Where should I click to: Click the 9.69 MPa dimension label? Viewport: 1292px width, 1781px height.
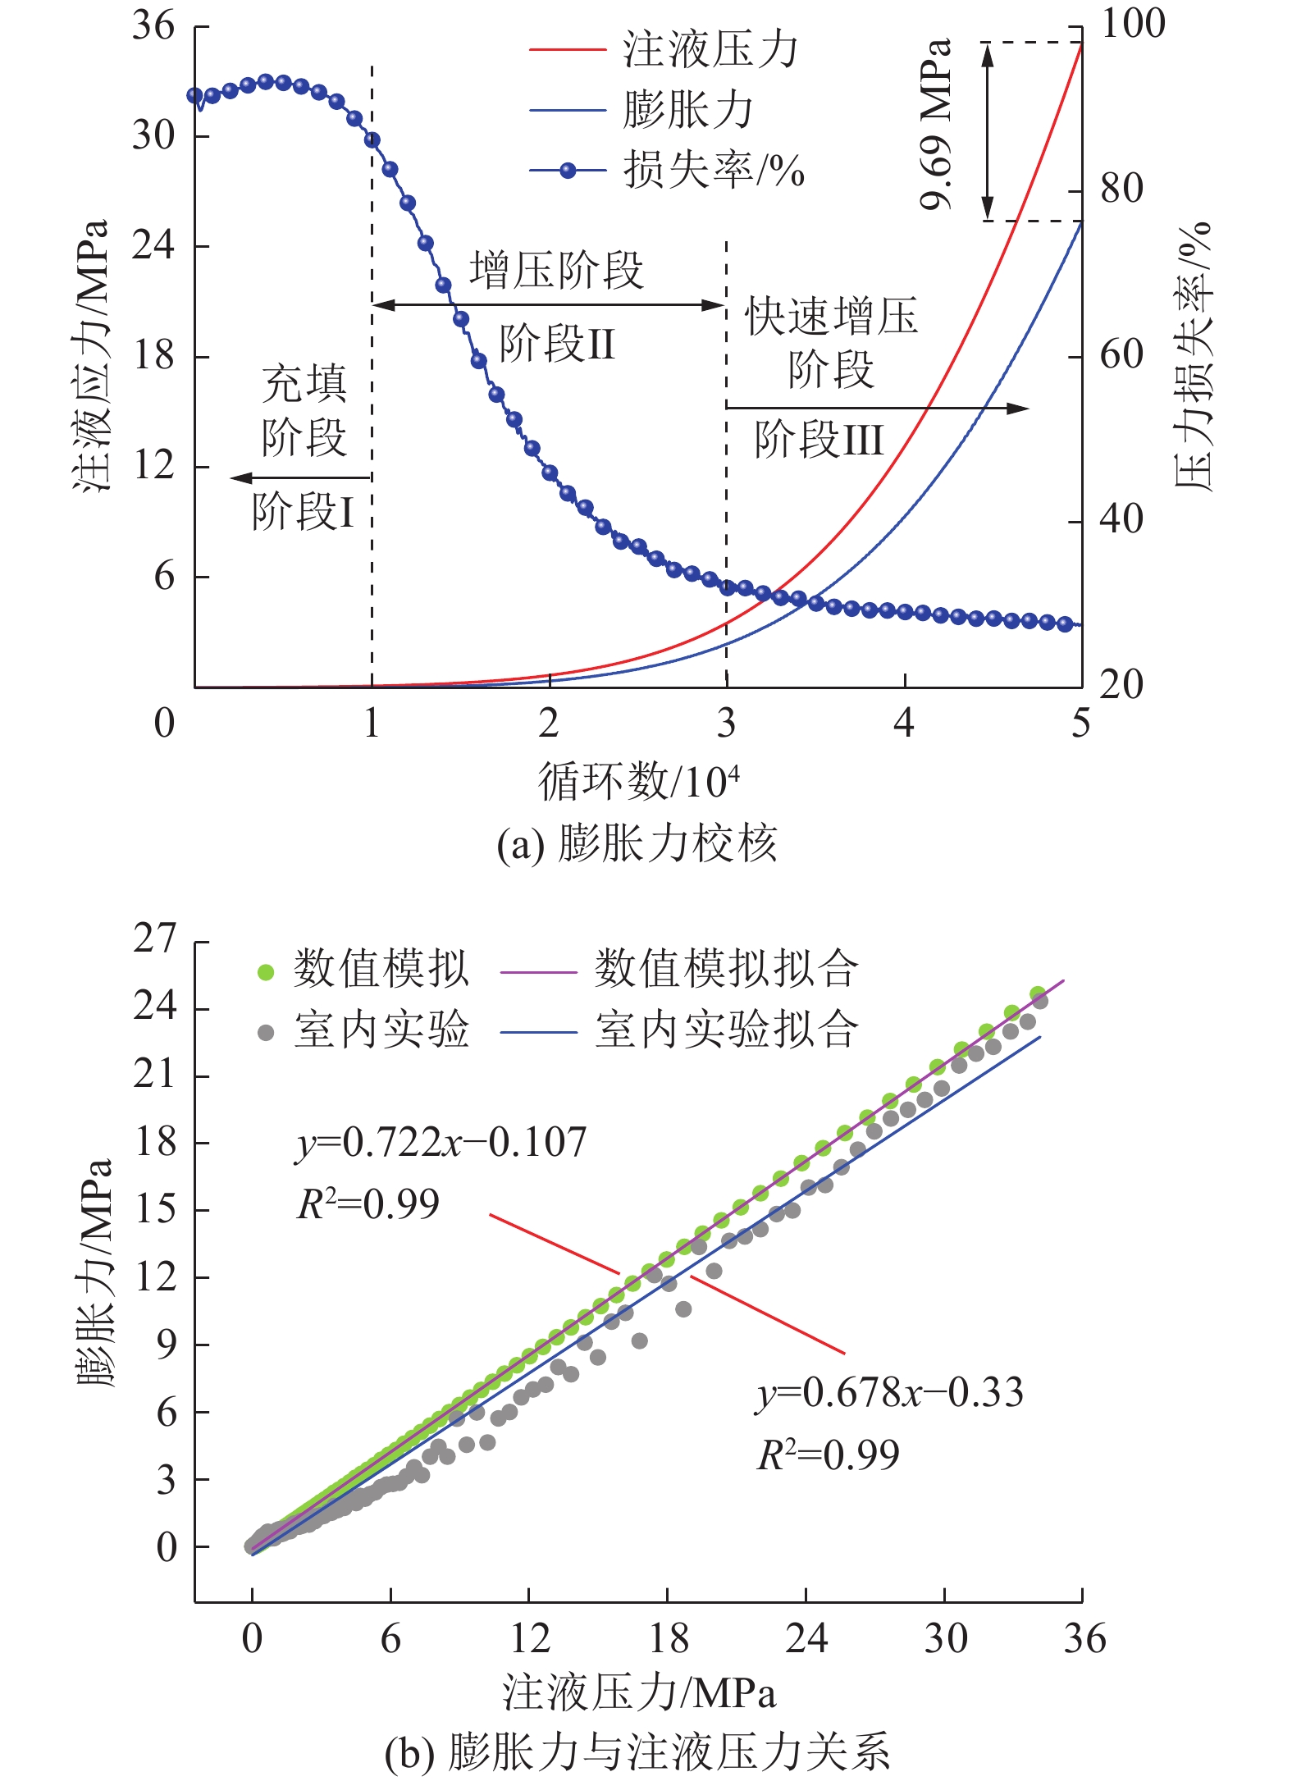937,125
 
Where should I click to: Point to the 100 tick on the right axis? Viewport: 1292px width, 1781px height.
1132,23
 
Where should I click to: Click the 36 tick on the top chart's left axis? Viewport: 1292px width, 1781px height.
153,26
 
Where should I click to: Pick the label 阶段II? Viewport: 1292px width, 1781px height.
557,343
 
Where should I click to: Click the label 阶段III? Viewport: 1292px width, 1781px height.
819,440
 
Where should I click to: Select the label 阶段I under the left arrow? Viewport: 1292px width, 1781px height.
303,512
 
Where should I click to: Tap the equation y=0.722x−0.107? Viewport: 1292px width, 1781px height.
441,1142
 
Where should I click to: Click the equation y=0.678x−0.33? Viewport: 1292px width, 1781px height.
889,1393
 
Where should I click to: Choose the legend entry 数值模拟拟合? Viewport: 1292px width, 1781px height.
726,969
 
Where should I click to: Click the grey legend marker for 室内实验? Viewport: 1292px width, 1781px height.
266,1032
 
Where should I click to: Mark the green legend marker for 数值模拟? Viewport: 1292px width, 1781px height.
266,972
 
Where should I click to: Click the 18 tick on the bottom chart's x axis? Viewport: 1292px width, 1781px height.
668,1637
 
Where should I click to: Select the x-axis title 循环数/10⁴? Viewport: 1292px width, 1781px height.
638,781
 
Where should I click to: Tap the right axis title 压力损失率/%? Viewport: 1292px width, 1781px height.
1193,357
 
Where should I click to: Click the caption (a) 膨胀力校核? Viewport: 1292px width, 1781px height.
637,843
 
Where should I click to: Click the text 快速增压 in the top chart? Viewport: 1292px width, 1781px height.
831,317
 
